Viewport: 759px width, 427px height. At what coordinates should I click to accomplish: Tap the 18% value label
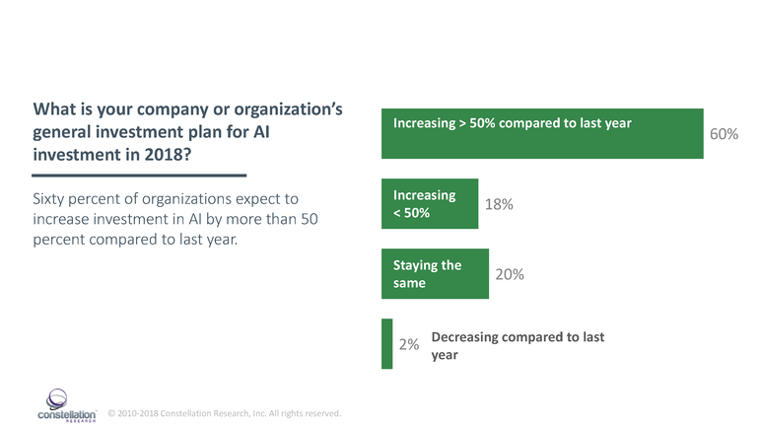click(x=499, y=204)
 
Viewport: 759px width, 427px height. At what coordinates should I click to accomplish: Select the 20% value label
click(x=509, y=275)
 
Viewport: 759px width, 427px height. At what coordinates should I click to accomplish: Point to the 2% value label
click(x=409, y=345)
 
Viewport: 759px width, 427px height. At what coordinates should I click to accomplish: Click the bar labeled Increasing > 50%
click(x=542, y=133)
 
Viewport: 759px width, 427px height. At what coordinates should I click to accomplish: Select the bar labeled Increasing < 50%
click(x=430, y=203)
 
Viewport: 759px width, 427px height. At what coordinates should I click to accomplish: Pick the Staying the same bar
click(x=435, y=274)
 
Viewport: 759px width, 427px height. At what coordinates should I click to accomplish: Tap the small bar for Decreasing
click(x=386, y=344)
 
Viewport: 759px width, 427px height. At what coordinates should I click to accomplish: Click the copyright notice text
click(x=224, y=412)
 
